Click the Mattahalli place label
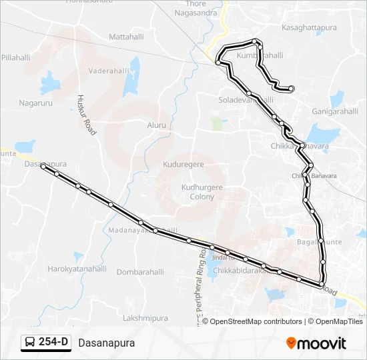point(127,36)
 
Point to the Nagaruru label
point(35,103)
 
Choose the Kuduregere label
point(183,164)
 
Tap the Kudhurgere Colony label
point(202,192)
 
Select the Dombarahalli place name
point(140,272)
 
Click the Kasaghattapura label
point(309,27)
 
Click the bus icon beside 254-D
point(30,343)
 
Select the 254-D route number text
point(53,343)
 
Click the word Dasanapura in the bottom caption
point(106,343)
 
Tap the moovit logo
point(316,343)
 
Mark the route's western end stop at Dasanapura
point(43,167)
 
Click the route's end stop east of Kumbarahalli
point(291,89)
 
